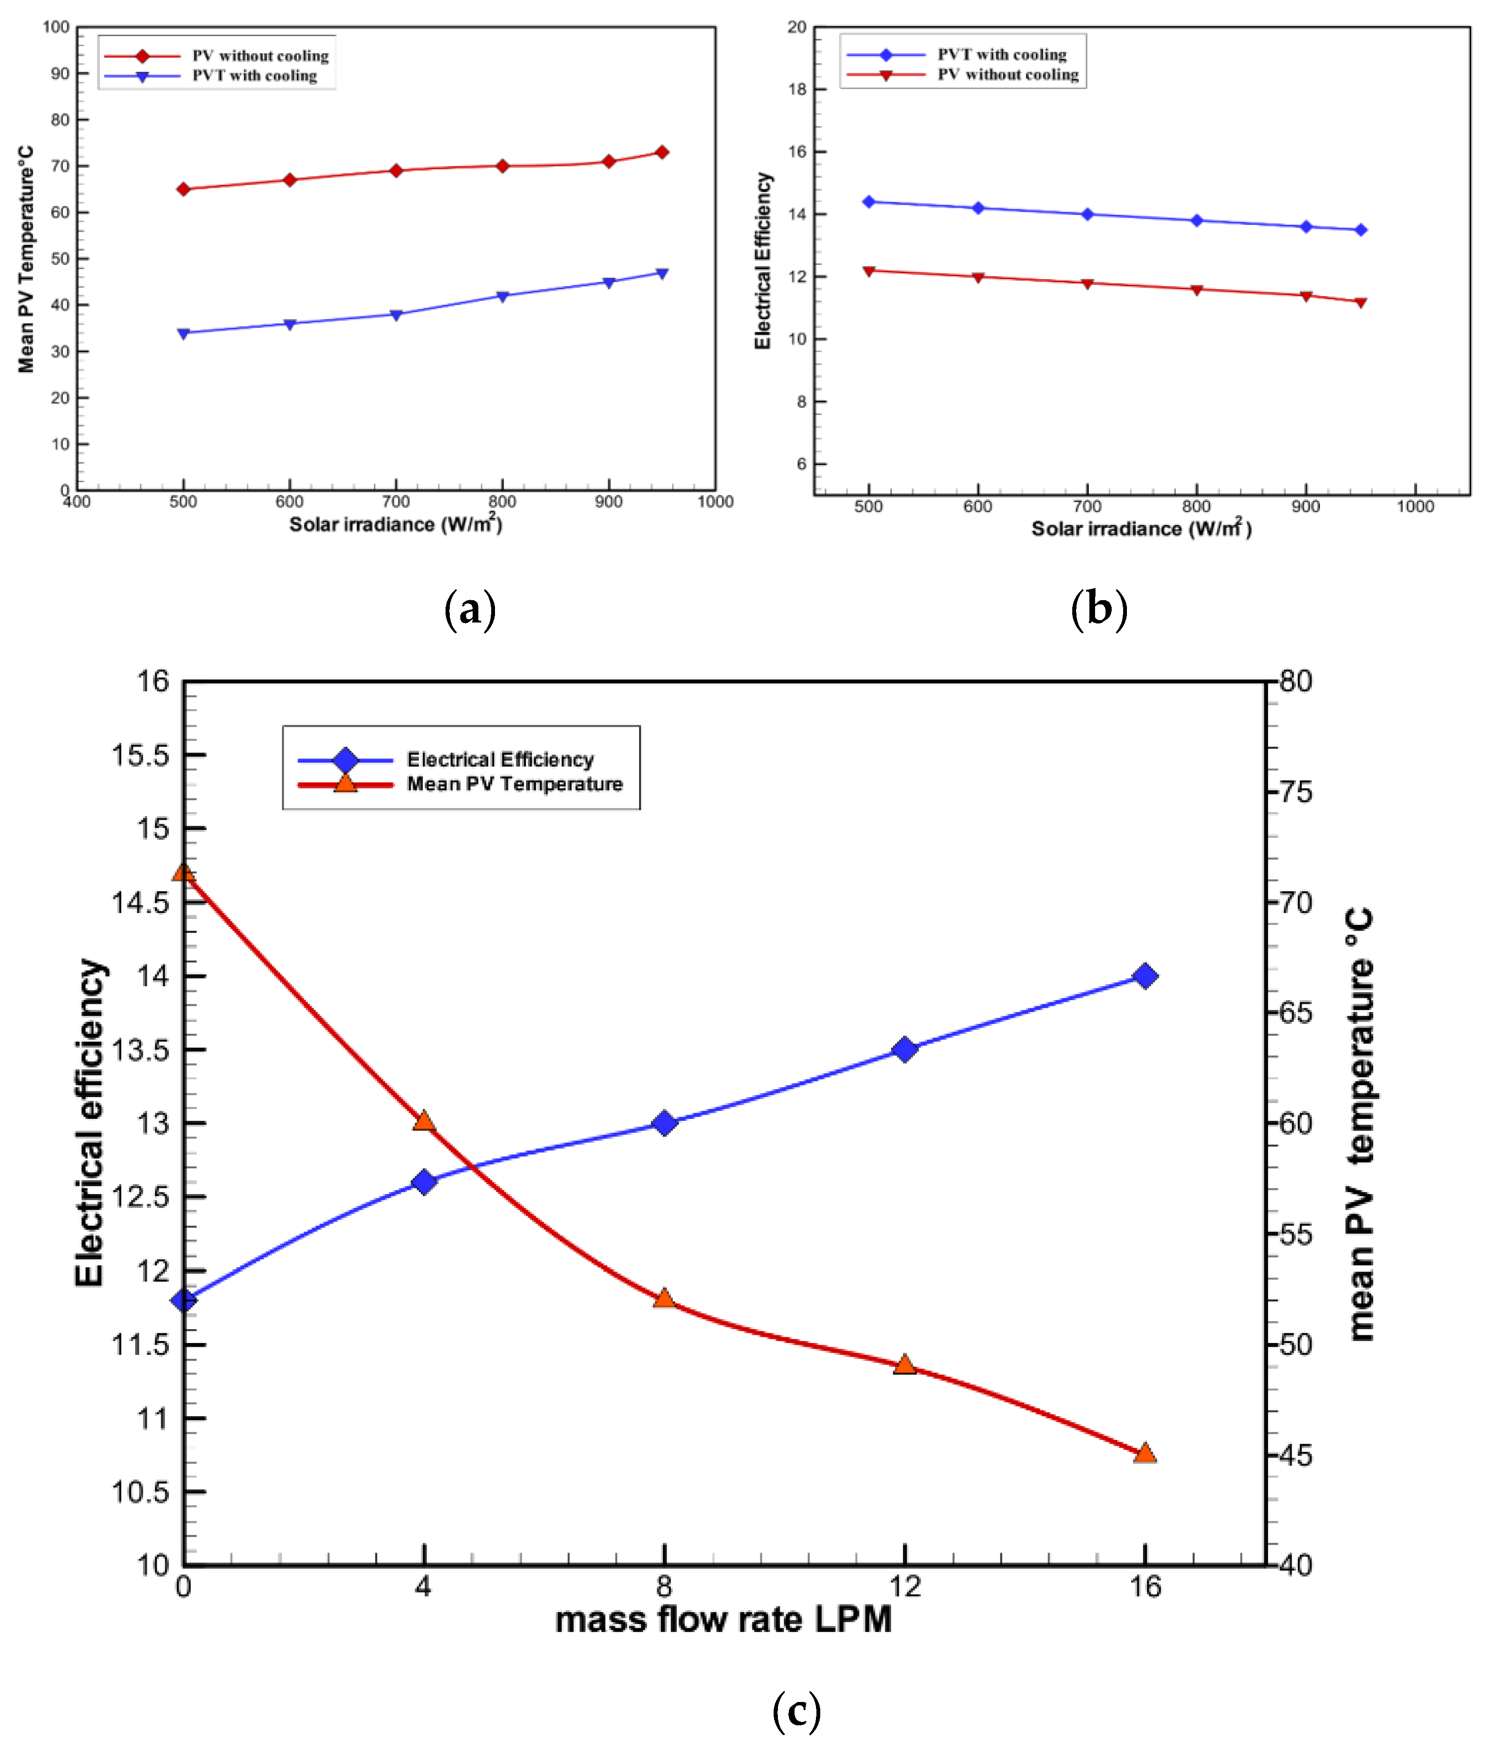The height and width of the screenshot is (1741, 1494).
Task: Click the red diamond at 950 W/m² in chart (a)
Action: pos(662,152)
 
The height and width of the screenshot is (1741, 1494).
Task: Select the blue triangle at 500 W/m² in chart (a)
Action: pos(183,333)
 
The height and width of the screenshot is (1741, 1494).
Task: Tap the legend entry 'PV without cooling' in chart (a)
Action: pos(260,56)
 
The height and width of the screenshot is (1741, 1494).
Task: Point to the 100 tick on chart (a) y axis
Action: pos(56,27)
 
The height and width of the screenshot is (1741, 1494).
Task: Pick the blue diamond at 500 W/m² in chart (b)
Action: pos(869,202)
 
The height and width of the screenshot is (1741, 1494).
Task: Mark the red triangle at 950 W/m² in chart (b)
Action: pos(1361,302)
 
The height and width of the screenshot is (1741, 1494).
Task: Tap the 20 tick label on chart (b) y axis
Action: pos(796,27)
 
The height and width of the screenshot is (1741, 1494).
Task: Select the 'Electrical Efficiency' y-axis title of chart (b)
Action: pos(762,261)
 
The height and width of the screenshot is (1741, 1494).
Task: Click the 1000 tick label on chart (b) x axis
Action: pos(1415,506)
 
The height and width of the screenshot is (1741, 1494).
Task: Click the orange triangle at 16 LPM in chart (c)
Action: pos(1145,1453)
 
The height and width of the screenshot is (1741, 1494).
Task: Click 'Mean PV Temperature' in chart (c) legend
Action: pos(514,784)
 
